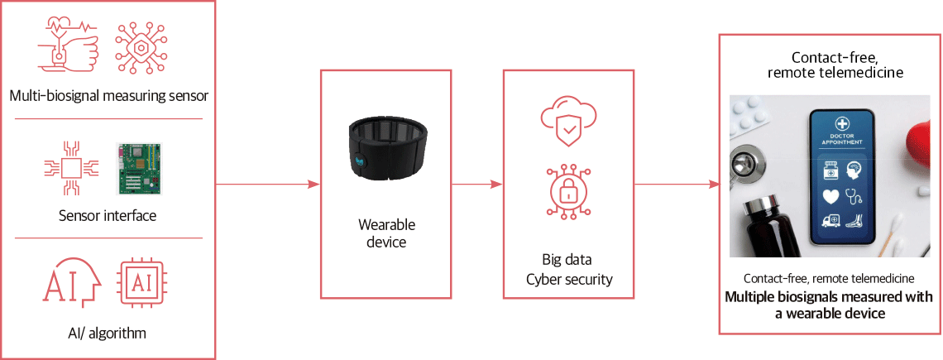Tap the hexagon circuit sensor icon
(141, 47)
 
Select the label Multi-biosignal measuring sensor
(108, 95)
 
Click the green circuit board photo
(139, 169)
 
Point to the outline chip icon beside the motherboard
(70, 169)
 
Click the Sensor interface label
(108, 215)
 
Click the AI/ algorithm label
(107, 332)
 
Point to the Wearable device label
(386, 233)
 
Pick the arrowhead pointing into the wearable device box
(314, 185)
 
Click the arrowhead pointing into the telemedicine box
(713, 185)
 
